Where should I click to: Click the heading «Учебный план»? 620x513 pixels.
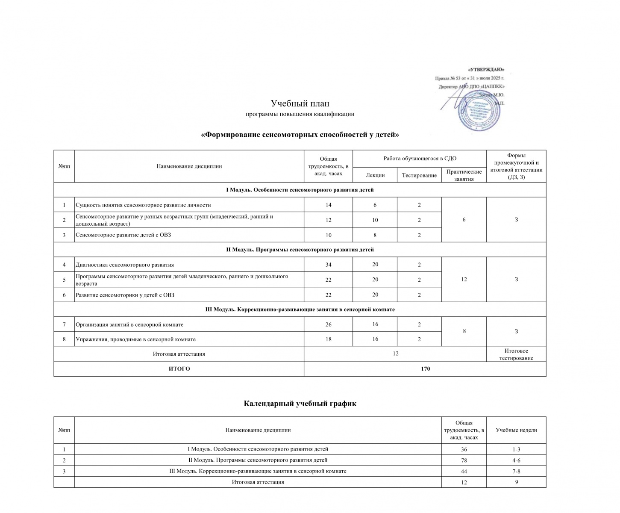tap(300, 103)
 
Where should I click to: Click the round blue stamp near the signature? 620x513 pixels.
tap(479, 110)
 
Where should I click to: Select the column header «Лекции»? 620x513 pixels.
tap(375, 175)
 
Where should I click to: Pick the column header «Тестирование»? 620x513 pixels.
tap(419, 175)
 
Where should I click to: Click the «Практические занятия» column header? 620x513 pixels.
tap(464, 175)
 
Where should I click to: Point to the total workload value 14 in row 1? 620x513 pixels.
tap(328, 205)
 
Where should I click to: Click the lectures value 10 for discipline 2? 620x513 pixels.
tap(375, 220)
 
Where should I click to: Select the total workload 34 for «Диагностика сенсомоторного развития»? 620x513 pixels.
tap(328, 265)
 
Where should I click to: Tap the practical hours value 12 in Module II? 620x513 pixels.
tap(464, 279)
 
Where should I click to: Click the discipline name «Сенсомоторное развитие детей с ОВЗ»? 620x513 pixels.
tap(123, 235)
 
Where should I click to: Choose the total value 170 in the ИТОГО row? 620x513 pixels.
tap(425, 369)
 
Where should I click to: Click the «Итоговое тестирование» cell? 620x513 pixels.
tap(516, 354)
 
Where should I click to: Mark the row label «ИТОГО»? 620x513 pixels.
tap(179, 369)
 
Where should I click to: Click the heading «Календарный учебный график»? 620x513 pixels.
tap(300, 404)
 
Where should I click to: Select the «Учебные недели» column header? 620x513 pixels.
tap(516, 430)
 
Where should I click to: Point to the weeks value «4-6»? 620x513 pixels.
tap(516, 460)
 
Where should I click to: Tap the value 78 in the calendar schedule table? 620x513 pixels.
tap(464, 460)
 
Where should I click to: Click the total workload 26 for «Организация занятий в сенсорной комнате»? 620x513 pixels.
tap(328, 324)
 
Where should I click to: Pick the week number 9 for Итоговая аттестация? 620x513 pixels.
tap(516, 482)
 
